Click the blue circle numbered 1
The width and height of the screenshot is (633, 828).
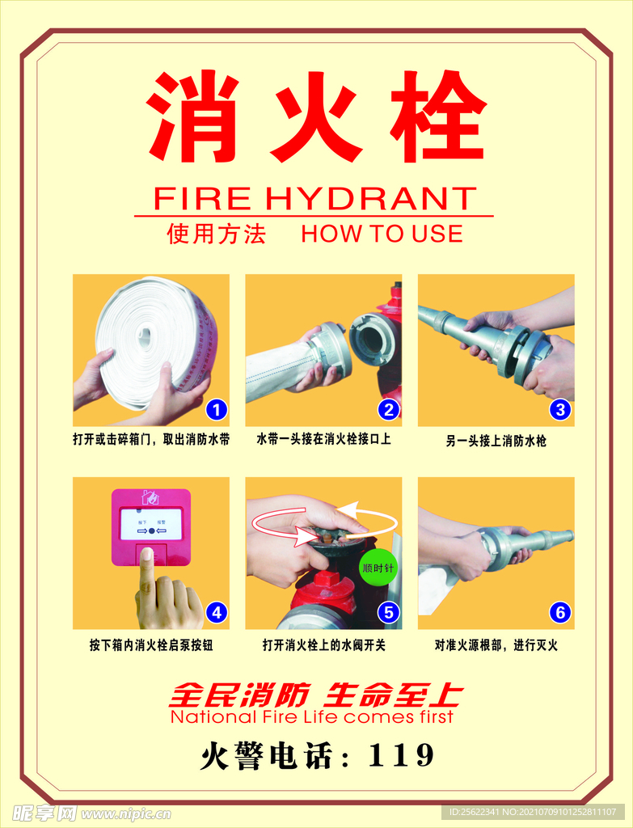pyautogui.click(x=216, y=410)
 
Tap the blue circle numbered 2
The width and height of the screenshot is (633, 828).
pyautogui.click(x=389, y=410)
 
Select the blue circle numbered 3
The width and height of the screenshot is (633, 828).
pyautogui.click(x=561, y=410)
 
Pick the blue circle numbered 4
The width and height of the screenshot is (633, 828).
pyautogui.click(x=216, y=613)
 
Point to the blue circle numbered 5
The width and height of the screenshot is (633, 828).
pyautogui.click(x=389, y=613)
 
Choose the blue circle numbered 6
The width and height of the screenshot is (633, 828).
pyautogui.click(x=561, y=613)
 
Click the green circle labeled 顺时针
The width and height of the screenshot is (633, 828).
pyautogui.click(x=378, y=568)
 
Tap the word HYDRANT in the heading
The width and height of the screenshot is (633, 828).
pyautogui.click(x=370, y=199)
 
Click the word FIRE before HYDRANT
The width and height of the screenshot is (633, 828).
pyautogui.click(x=202, y=199)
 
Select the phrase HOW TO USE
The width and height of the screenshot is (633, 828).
pyautogui.click(x=382, y=234)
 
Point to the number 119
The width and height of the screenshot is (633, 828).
pyautogui.click(x=401, y=755)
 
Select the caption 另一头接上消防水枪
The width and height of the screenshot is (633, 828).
pyautogui.click(x=496, y=441)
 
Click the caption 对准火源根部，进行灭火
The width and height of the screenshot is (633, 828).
pyautogui.click(x=496, y=645)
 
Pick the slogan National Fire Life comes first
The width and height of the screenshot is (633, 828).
pyautogui.click(x=311, y=717)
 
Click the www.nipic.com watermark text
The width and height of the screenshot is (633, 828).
pyautogui.click(x=126, y=813)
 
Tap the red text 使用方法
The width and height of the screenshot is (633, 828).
pyautogui.click(x=217, y=234)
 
